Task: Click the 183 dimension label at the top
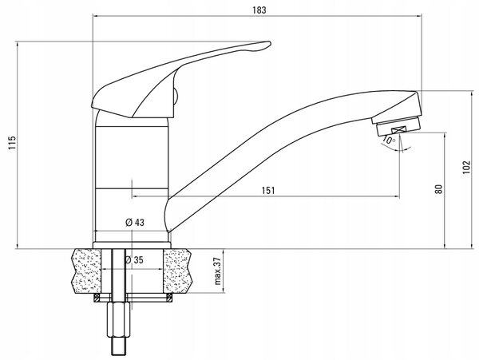click(x=259, y=10)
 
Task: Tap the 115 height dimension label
click(x=12, y=143)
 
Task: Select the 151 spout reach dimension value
click(x=268, y=191)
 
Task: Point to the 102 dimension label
click(x=466, y=168)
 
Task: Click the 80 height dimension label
click(x=438, y=189)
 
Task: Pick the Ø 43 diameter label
click(x=135, y=223)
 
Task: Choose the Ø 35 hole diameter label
click(x=134, y=260)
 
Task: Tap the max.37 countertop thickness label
click(x=217, y=271)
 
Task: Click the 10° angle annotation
click(x=389, y=140)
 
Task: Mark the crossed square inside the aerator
click(x=398, y=130)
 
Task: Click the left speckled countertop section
click(x=87, y=271)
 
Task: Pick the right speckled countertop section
click(x=177, y=271)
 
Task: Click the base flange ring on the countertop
click(x=132, y=245)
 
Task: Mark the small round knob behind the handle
click(x=176, y=97)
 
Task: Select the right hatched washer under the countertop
click(x=169, y=298)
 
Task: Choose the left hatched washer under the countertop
click(x=97, y=298)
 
